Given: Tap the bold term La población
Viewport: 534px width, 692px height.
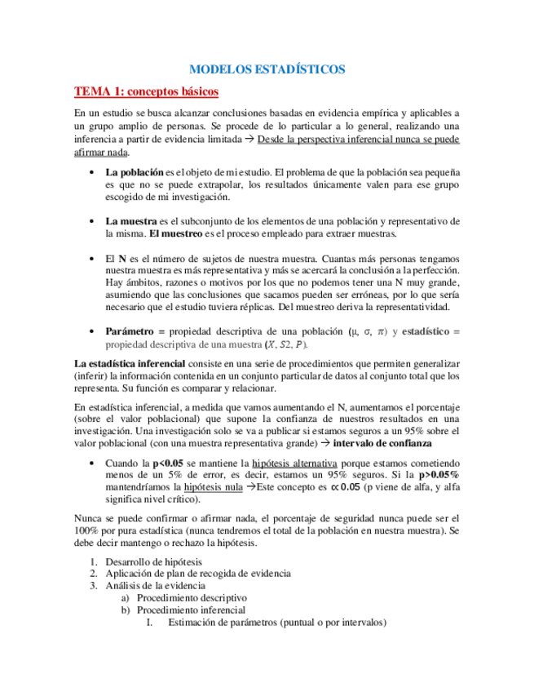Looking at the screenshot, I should pyautogui.click(x=135, y=173).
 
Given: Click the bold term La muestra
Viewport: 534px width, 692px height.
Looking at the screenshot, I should pyautogui.click(x=133, y=221).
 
